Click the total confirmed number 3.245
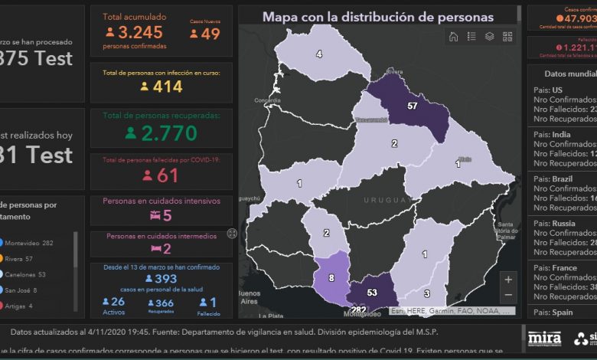pos(142,32)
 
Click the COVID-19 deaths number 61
pos(167,175)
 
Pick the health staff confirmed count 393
pos(166,279)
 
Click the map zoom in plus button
pos(508,280)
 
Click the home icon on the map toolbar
pos(453,36)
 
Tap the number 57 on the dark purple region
pos(413,105)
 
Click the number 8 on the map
pos(331,277)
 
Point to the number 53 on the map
pos(373,293)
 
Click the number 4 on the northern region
pos(319,54)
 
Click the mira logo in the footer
pos(544,338)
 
